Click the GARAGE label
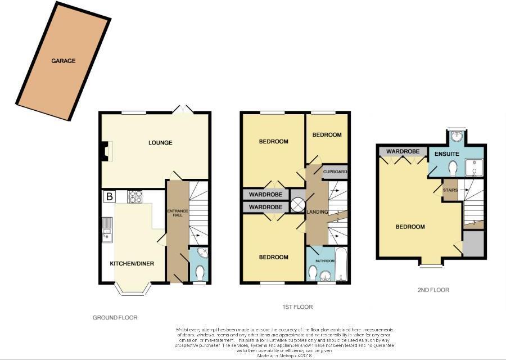tap(63, 61)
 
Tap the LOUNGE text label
tap(160, 143)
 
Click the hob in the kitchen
tap(136, 196)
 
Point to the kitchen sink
tap(107, 229)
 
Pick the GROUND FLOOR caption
tap(115, 318)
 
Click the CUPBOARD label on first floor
tap(335, 172)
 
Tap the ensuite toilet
tap(453, 168)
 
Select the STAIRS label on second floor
tap(450, 190)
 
